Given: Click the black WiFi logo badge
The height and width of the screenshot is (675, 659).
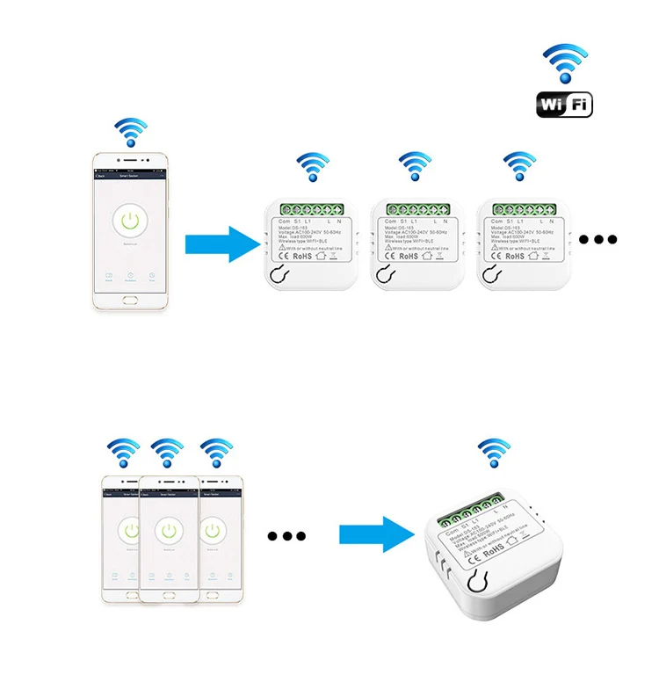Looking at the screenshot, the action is pyautogui.click(x=564, y=105).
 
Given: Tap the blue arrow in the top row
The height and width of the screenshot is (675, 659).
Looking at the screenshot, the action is pyautogui.click(x=220, y=243).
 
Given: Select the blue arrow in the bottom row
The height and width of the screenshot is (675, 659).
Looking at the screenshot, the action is pyautogui.click(x=378, y=533).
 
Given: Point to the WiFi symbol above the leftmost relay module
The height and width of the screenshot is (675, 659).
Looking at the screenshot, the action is pyautogui.click(x=312, y=167).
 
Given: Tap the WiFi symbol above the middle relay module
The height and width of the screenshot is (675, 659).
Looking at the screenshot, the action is pyautogui.click(x=415, y=167).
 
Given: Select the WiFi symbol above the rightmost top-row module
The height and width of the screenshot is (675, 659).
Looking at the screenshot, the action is pyautogui.click(x=518, y=167).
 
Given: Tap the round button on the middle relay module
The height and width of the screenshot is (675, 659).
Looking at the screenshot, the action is pyautogui.click(x=383, y=275).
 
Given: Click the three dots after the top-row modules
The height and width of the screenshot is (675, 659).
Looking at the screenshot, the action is pyautogui.click(x=599, y=240).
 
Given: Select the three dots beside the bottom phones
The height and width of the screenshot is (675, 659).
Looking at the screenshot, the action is pyautogui.click(x=286, y=535).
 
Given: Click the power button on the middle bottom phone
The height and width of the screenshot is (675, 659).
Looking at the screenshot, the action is pyautogui.click(x=168, y=530).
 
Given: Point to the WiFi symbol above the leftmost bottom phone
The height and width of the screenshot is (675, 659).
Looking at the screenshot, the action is pyautogui.click(x=122, y=453).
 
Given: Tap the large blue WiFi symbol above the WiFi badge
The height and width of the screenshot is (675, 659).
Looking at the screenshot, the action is pyautogui.click(x=564, y=64).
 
